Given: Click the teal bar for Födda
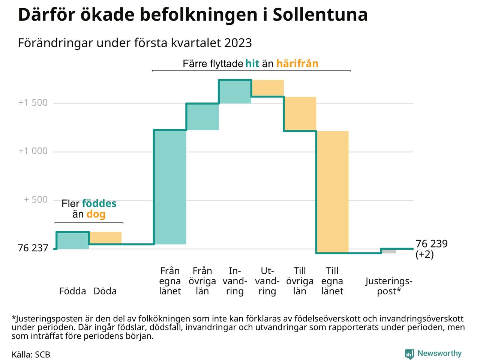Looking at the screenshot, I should (x=73, y=240).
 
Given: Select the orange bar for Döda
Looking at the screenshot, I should (x=105, y=238).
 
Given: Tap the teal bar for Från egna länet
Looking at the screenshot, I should (x=170, y=187).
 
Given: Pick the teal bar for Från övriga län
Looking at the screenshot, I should (x=202, y=117).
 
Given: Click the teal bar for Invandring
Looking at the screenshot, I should (x=235, y=91).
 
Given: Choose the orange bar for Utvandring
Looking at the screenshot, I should (x=267, y=88).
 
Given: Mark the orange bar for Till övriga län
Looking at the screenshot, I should (x=300, y=114).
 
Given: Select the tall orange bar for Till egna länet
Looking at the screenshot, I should (x=333, y=192).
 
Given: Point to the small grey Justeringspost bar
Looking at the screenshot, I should (x=388, y=251).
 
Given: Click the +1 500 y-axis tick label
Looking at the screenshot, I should (x=33, y=103).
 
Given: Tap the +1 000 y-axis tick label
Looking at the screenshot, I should (x=33, y=151).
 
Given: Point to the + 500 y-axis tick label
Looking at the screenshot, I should (x=36, y=199).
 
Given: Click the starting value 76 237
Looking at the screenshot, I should (x=33, y=248).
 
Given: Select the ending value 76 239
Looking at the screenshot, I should (x=432, y=244).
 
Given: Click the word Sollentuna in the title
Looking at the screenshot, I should (x=320, y=15).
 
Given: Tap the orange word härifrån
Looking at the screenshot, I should (x=297, y=63).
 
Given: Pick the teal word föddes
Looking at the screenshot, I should (x=99, y=204).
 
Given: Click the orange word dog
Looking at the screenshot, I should (x=96, y=214).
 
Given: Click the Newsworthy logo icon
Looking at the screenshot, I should (x=409, y=354).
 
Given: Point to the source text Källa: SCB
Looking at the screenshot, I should (x=31, y=355).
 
